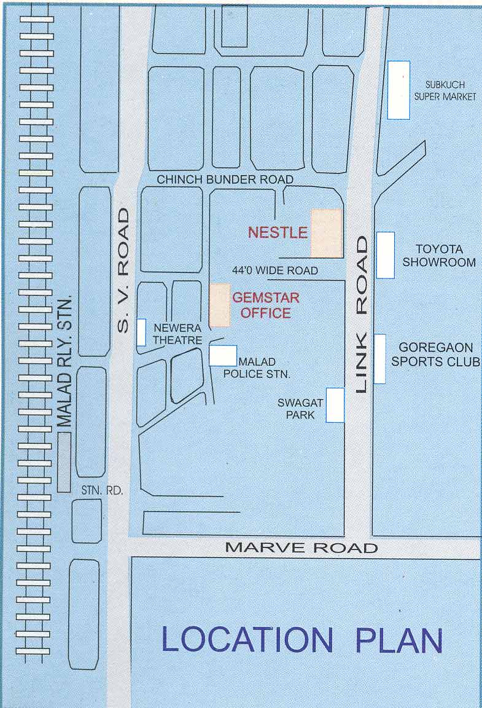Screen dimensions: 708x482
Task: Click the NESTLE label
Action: coord(278,232)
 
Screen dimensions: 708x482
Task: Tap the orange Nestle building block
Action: coord(326,233)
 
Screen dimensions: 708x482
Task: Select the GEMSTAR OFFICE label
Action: coord(265,305)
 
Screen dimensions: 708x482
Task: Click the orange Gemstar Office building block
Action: coord(220,305)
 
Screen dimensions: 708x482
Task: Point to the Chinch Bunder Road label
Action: coord(225,179)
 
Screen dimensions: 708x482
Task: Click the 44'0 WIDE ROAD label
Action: coord(275,270)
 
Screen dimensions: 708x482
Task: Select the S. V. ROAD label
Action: coord(123,270)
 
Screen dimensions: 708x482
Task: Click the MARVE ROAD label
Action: coord(301,548)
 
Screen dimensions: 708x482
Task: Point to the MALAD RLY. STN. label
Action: coord(64,360)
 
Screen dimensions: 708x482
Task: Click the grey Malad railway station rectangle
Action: coord(64,462)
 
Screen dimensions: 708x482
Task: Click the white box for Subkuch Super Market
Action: coord(398,90)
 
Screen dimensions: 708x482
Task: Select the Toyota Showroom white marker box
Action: coord(385,254)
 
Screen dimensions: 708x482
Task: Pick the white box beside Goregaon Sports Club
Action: coord(379,359)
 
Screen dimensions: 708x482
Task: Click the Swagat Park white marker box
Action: coord(335,405)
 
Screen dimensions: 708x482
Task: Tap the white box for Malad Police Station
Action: coord(223,356)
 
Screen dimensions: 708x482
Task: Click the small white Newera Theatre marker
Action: coord(141,332)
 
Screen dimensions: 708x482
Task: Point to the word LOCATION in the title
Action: coord(247,640)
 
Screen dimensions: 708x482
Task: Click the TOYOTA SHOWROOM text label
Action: coord(438,256)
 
